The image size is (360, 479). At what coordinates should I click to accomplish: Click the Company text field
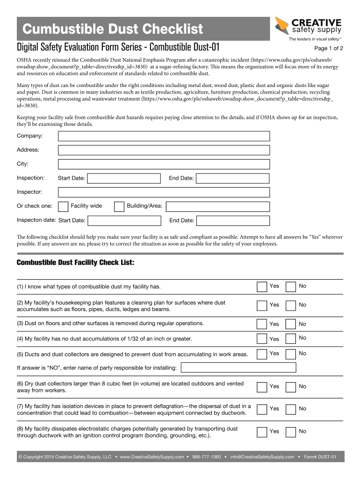click(164, 136)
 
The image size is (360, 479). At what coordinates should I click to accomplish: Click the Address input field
click(164, 150)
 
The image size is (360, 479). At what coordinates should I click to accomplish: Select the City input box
click(164, 164)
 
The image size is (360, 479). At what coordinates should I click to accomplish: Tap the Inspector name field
click(164, 192)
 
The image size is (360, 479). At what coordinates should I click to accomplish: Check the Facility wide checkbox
click(63, 206)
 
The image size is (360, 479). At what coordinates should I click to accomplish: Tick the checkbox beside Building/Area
click(119, 206)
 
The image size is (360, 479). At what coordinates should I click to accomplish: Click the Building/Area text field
click(218, 206)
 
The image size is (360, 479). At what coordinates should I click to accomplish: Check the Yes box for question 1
click(262, 286)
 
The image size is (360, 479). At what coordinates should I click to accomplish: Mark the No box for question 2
click(291, 305)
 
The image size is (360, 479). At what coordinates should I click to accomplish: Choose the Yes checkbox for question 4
click(262, 339)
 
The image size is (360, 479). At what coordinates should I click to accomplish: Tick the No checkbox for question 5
click(291, 354)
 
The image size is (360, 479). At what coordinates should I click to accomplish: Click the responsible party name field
click(238, 368)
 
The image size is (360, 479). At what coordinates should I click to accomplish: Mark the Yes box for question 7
click(262, 409)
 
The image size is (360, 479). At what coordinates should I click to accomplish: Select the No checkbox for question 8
click(291, 432)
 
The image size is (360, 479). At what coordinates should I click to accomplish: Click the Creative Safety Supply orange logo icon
click(281, 25)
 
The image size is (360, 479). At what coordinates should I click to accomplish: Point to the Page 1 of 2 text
click(329, 48)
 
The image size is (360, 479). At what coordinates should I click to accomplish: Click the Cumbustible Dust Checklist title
click(113, 29)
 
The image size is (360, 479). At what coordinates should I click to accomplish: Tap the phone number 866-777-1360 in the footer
click(206, 457)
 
